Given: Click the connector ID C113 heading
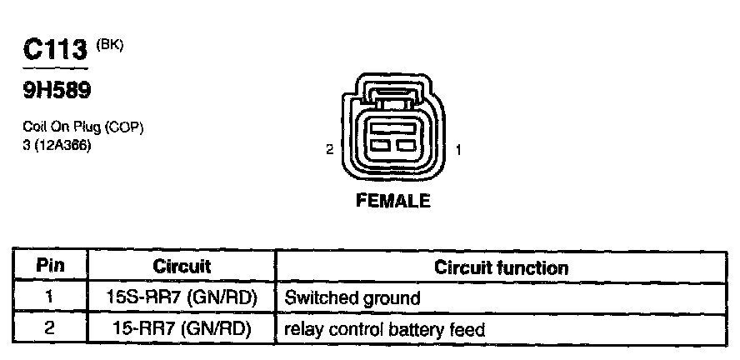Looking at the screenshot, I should click(x=56, y=50).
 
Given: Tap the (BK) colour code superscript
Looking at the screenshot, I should click(x=110, y=43).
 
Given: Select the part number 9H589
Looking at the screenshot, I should click(x=52, y=90).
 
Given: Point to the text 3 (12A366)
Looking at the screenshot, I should click(x=57, y=145).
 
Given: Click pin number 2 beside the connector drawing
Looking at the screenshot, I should click(x=330, y=150).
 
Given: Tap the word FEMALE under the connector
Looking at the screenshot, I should click(x=393, y=201).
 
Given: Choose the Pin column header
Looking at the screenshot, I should click(x=49, y=267).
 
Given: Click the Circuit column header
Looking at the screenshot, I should click(x=182, y=267).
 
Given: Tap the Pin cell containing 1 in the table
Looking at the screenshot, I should click(x=49, y=297).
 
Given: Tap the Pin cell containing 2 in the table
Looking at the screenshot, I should click(x=49, y=328).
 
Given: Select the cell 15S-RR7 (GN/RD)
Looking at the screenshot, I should click(x=182, y=297).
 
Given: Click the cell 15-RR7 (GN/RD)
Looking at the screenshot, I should click(x=182, y=328).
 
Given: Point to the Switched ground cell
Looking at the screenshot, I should click(x=352, y=297).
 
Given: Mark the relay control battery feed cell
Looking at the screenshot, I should click(x=385, y=328).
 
